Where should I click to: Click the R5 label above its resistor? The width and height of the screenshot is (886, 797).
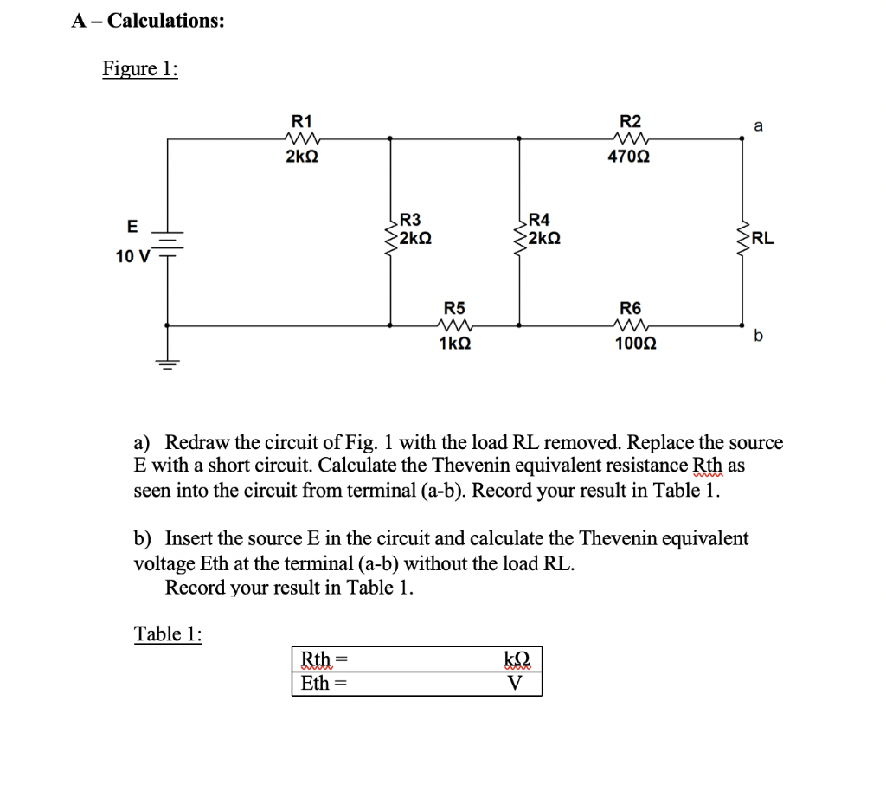454,308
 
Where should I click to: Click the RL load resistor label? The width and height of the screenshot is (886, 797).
763,239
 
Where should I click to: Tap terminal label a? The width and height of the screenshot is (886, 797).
759,126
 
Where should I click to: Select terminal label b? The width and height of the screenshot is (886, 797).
759,336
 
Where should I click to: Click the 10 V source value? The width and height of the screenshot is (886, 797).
132,256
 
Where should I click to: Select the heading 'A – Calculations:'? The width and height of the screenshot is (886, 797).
148,21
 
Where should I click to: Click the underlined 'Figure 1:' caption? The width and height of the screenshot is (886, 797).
140,68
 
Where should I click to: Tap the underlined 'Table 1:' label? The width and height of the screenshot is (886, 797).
168,633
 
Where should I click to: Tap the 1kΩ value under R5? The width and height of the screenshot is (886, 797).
455,344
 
